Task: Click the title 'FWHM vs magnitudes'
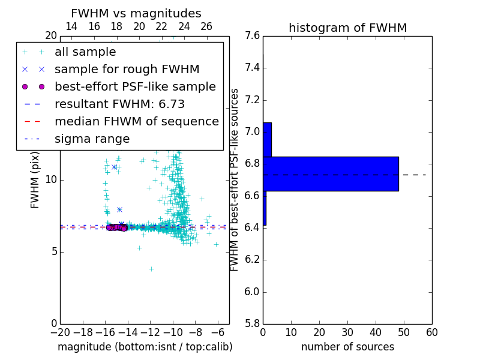pyautogui.click(x=136, y=14)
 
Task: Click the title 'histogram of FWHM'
pyautogui.click(x=347, y=28)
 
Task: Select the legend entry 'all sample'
pyautogui.click(x=85, y=52)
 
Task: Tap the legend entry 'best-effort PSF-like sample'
pyautogui.click(x=135, y=87)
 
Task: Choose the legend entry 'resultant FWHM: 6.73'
pyautogui.click(x=119, y=104)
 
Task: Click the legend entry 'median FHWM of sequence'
pyautogui.click(x=136, y=122)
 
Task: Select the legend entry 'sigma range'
pyautogui.click(x=92, y=139)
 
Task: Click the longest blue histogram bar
pyautogui.click(x=331, y=174)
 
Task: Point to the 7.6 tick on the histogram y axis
pyautogui.click(x=253, y=36)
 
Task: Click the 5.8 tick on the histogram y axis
pyautogui.click(x=253, y=324)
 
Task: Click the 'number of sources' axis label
pyautogui.click(x=347, y=347)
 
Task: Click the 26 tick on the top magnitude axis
pyautogui.click(x=206, y=26)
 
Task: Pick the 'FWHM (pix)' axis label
pyautogui.click(x=35, y=180)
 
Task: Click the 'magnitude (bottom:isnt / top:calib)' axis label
pyautogui.click(x=145, y=347)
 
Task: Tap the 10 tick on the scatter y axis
pyautogui.click(x=50, y=180)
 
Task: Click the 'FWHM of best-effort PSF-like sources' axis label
pyautogui.click(x=235, y=180)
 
